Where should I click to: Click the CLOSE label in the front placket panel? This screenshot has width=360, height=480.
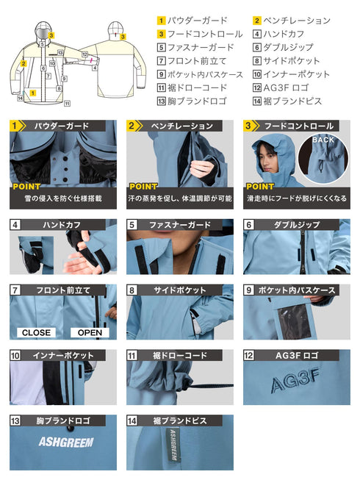36,332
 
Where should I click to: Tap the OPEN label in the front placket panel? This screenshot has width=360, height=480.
89,332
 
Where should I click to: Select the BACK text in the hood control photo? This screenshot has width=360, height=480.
323,140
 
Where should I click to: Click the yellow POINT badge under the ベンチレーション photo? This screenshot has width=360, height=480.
143,187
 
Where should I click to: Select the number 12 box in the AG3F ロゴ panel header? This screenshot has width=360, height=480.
249,356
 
